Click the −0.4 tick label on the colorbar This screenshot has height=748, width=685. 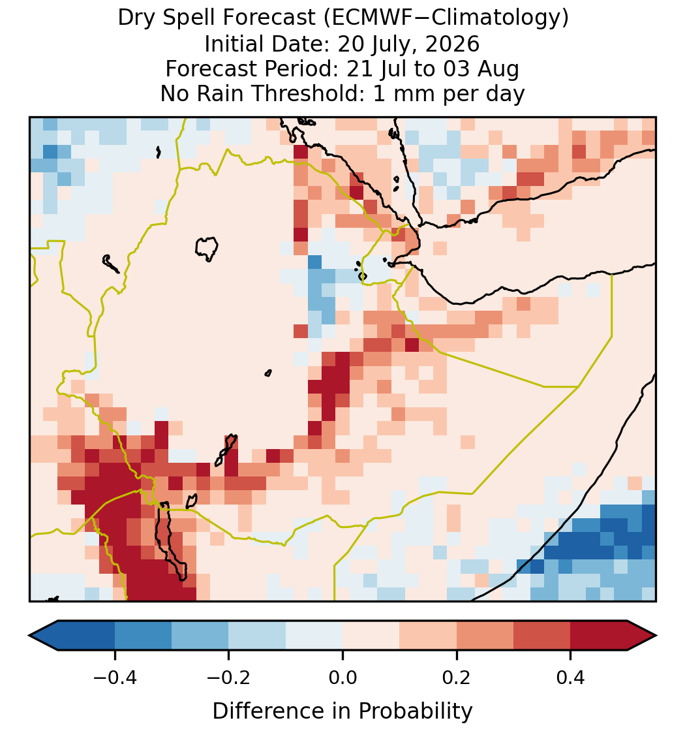coord(114,678)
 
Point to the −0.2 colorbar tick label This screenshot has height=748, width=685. coord(228,678)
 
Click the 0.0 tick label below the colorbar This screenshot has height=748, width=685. coord(342,678)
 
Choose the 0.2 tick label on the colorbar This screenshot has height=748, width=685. coord(457,678)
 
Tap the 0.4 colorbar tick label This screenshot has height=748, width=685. coord(571,678)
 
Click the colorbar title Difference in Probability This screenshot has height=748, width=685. coord(342,711)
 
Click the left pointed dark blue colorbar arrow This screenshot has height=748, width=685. coord(44,636)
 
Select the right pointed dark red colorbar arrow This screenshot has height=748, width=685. coord(642,636)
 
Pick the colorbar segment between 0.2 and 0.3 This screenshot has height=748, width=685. coord(485,636)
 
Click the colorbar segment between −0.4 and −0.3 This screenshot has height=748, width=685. coord(143,636)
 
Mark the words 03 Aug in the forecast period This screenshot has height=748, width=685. coord(481,69)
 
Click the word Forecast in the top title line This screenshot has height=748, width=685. coord(269,18)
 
